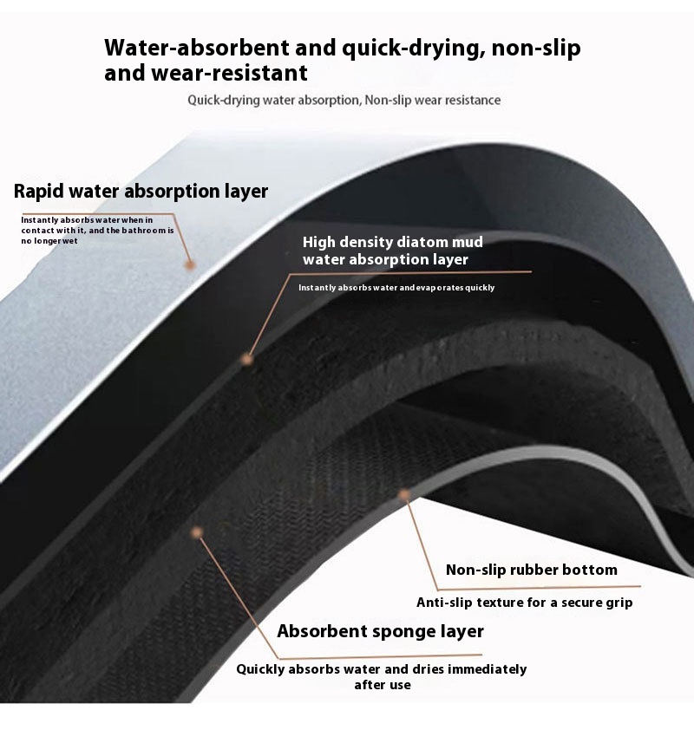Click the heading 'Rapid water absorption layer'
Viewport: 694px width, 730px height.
[x=141, y=191]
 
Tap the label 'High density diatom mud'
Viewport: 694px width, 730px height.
[x=392, y=242]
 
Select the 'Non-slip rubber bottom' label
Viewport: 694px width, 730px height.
[x=531, y=570]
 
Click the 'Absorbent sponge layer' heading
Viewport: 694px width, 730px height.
[x=380, y=631]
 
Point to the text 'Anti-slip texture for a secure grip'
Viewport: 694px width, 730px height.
[x=524, y=602]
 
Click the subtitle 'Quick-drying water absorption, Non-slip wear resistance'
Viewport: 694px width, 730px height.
[x=344, y=100]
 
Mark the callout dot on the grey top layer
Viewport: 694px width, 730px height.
[x=190, y=264]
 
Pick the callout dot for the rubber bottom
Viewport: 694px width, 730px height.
[x=403, y=495]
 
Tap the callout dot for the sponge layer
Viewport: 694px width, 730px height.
[x=198, y=531]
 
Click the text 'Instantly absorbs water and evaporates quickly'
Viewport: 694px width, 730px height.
[x=396, y=287]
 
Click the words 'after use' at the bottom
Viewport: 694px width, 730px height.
[x=382, y=685]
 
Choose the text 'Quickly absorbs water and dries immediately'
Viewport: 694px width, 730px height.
[x=382, y=669]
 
